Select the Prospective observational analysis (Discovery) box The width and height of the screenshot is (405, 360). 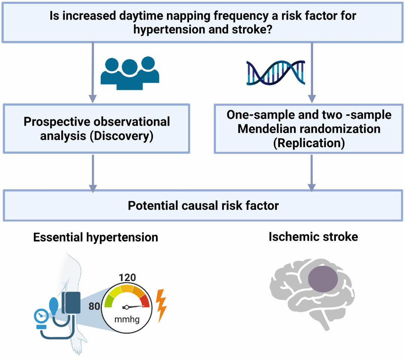(x=96, y=129)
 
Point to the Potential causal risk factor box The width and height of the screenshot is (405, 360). (x=203, y=206)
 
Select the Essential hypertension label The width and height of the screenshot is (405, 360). (x=96, y=237)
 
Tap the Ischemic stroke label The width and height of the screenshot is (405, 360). (x=313, y=237)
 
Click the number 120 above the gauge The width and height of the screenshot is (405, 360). (x=127, y=278)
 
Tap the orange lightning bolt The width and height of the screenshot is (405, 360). (x=161, y=306)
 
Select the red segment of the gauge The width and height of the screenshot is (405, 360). (x=145, y=300)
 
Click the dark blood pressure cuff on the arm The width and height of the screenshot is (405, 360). (x=71, y=303)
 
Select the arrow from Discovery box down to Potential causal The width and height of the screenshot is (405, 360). (x=92, y=172)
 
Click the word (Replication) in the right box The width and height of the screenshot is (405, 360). (x=309, y=143)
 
